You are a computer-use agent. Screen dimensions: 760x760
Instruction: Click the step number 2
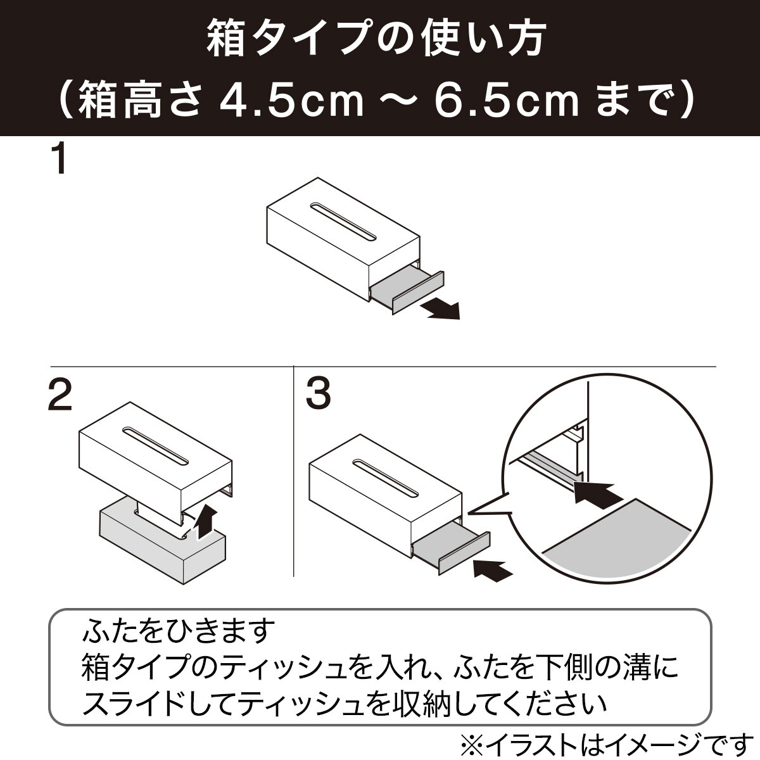pos(60,396)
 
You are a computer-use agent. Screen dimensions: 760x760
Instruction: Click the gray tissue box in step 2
pos(163,545)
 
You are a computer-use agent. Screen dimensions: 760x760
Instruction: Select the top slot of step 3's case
pos(386,478)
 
